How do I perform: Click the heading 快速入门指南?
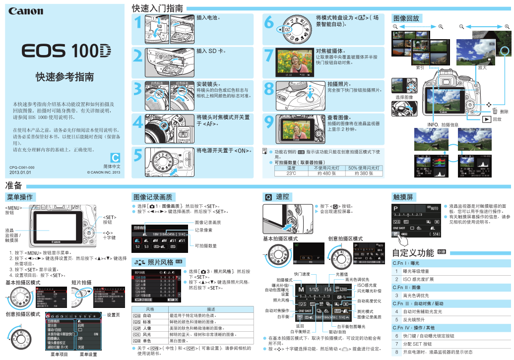pos(157,8)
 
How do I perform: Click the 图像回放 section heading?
pos(406,18)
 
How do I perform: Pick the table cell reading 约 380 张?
pos(364,174)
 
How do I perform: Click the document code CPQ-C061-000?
pos(22,168)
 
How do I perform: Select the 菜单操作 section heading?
pos(19,197)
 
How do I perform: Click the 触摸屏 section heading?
pos(402,197)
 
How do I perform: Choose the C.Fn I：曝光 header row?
pos(406,263)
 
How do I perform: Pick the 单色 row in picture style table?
pos(147,341)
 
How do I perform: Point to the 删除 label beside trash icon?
pos(504,112)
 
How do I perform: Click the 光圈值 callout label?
pos(341,274)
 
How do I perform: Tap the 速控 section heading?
pos(282,197)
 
